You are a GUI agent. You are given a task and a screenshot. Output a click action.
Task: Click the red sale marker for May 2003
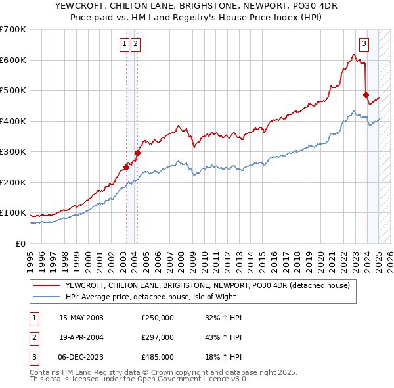(x=126, y=167)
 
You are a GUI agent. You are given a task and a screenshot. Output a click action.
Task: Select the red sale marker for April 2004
(x=137, y=153)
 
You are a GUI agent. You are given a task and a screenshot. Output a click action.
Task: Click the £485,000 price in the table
(x=158, y=357)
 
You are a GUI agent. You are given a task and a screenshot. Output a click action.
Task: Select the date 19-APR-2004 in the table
(x=81, y=337)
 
